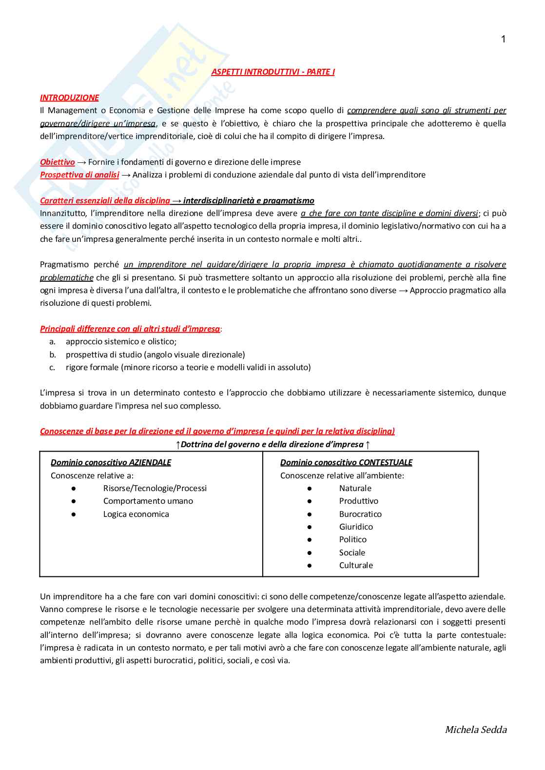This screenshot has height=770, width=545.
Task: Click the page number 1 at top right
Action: [x=503, y=39]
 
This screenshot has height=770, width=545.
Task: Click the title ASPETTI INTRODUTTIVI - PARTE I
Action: [x=273, y=72]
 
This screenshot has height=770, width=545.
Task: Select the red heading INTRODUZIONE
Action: [x=69, y=98]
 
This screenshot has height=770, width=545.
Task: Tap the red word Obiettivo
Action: [x=58, y=162]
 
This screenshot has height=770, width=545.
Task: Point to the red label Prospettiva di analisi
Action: [x=79, y=175]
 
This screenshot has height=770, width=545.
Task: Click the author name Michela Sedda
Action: [x=475, y=730]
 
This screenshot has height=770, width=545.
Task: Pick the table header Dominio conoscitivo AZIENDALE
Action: [x=111, y=462]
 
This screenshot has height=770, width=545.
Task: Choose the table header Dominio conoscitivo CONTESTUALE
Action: [x=346, y=462]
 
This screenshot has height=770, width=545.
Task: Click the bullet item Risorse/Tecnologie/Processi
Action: [x=155, y=488]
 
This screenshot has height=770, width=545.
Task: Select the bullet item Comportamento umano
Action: [x=148, y=501]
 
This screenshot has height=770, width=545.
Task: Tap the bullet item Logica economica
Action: [x=136, y=514]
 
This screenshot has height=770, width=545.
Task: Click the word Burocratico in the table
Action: [x=360, y=514]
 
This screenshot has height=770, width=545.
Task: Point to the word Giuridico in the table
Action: [x=356, y=527]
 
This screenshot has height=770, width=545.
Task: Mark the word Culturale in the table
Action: [x=356, y=565]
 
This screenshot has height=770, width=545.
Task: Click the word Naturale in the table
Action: [x=355, y=488]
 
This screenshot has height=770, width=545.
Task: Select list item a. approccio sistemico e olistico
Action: [x=121, y=341]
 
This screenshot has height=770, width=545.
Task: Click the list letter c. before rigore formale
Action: [x=52, y=367]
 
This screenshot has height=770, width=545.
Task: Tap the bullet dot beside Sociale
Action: [x=310, y=553]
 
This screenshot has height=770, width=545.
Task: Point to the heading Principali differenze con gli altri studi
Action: [x=130, y=329]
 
